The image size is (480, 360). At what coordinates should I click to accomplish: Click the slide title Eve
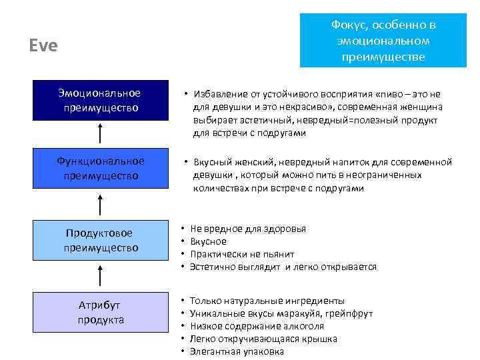[x=43, y=46]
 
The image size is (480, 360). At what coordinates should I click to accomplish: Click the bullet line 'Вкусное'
[x=208, y=241]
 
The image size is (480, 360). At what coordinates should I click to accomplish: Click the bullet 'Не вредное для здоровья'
[x=247, y=229]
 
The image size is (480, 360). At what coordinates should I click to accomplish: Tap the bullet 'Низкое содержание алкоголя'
[x=257, y=326]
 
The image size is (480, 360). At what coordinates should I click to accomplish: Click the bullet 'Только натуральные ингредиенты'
[x=267, y=301]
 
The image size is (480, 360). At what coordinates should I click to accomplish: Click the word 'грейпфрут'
[x=349, y=313]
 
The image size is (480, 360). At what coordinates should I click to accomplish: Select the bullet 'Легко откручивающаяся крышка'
[x=263, y=339]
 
